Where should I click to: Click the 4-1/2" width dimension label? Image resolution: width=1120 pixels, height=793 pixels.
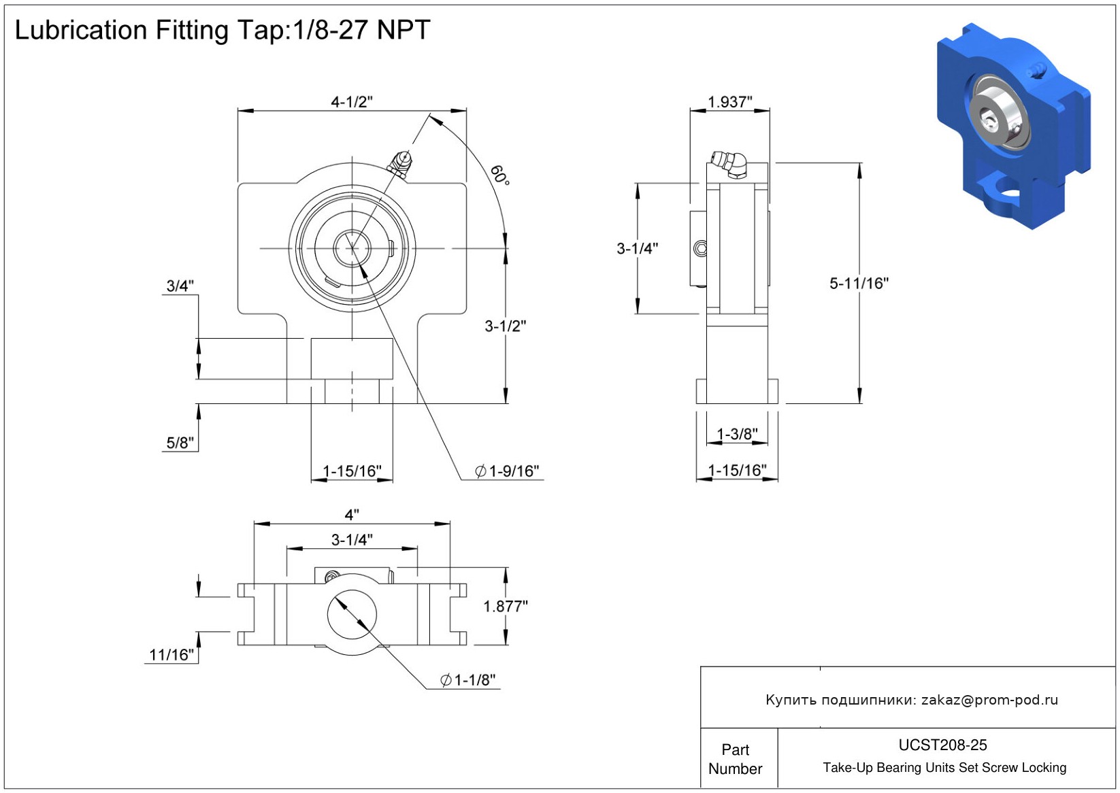(351, 102)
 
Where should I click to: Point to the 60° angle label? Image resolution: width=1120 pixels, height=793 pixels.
(499, 175)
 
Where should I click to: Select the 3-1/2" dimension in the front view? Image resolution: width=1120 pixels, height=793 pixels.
(505, 326)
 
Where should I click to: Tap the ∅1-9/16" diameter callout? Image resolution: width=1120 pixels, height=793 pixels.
(507, 471)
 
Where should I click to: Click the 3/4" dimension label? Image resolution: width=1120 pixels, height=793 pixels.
(180, 286)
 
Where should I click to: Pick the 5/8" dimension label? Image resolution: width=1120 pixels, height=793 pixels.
(180, 443)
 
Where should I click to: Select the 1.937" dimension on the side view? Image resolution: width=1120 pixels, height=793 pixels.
(729, 102)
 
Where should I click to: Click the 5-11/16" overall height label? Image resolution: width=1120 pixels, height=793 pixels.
(859, 284)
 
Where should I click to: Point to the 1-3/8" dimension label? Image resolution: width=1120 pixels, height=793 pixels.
(737, 434)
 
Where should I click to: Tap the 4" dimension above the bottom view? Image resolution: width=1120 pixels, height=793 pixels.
(352, 515)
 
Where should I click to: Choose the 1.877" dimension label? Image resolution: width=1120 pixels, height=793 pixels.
(506, 606)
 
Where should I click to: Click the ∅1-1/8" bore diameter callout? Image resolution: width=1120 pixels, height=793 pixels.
(468, 680)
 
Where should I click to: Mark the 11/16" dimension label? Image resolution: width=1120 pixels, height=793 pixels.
(171, 655)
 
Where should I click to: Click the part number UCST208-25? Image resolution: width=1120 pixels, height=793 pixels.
(942, 745)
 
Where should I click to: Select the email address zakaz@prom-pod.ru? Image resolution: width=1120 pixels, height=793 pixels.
(989, 700)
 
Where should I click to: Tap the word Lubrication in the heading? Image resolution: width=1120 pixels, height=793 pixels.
(81, 30)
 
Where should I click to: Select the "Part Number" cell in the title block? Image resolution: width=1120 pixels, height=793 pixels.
(735, 759)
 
